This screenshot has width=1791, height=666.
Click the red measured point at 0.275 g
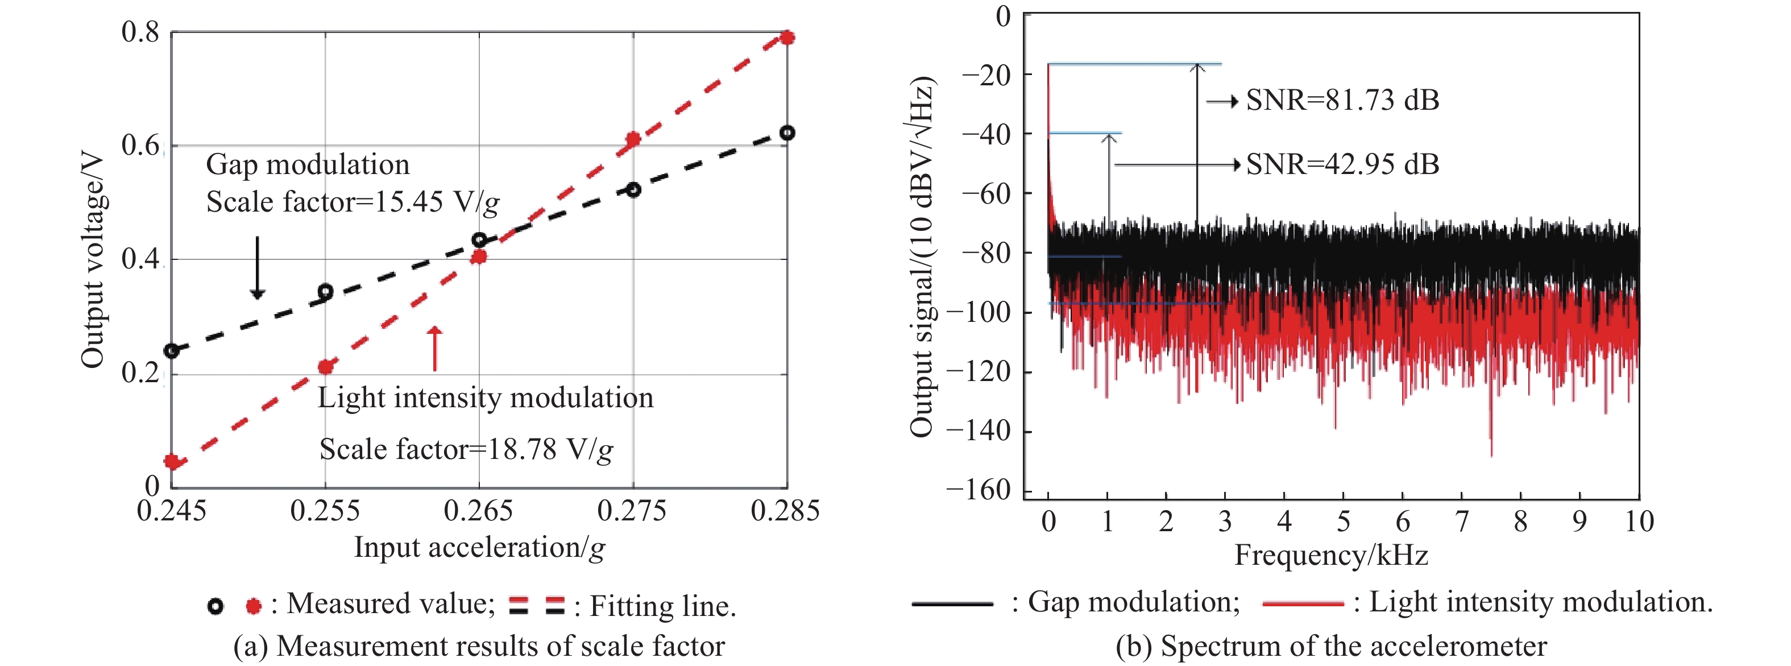(x=633, y=139)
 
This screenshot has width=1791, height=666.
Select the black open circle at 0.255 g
(x=325, y=291)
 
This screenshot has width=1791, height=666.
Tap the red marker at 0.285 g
(x=787, y=38)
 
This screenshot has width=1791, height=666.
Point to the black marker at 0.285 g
(x=787, y=133)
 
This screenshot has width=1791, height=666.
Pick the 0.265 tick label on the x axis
(x=478, y=511)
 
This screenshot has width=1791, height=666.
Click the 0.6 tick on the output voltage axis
(x=140, y=146)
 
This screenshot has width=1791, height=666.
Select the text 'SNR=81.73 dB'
(x=1342, y=101)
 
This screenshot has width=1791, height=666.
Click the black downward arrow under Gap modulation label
(x=257, y=268)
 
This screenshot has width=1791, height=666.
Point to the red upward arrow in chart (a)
(x=434, y=348)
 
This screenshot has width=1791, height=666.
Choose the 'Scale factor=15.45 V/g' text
(x=353, y=202)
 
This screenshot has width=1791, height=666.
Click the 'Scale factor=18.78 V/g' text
(x=466, y=450)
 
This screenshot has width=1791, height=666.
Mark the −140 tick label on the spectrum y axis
(x=979, y=431)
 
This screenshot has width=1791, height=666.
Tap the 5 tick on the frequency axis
(x=1343, y=522)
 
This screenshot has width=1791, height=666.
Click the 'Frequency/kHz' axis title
(x=1330, y=556)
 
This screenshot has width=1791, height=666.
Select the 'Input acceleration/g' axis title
(x=479, y=548)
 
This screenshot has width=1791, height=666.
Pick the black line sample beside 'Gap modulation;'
(x=952, y=603)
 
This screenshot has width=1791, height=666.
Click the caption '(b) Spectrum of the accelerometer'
(x=1330, y=647)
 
